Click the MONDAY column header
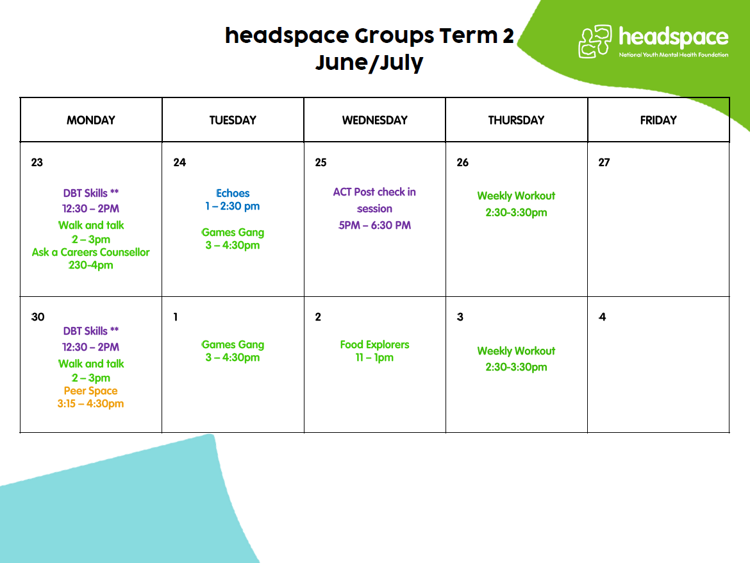click(91, 120)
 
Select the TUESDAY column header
click(233, 120)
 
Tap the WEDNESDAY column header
click(374, 120)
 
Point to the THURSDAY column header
click(516, 120)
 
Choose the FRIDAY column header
click(658, 120)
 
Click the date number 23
click(37, 163)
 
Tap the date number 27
click(604, 163)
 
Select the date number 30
click(38, 317)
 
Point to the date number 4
click(602, 317)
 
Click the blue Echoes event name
click(233, 193)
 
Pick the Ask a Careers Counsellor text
click(91, 252)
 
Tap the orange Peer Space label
click(91, 391)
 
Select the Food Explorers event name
click(374, 344)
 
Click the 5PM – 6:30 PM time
click(374, 225)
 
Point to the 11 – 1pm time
click(374, 357)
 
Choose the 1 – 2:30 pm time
click(233, 206)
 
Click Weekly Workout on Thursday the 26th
click(516, 196)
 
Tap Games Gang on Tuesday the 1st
click(233, 344)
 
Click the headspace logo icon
click(595, 42)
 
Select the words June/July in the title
click(369, 63)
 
